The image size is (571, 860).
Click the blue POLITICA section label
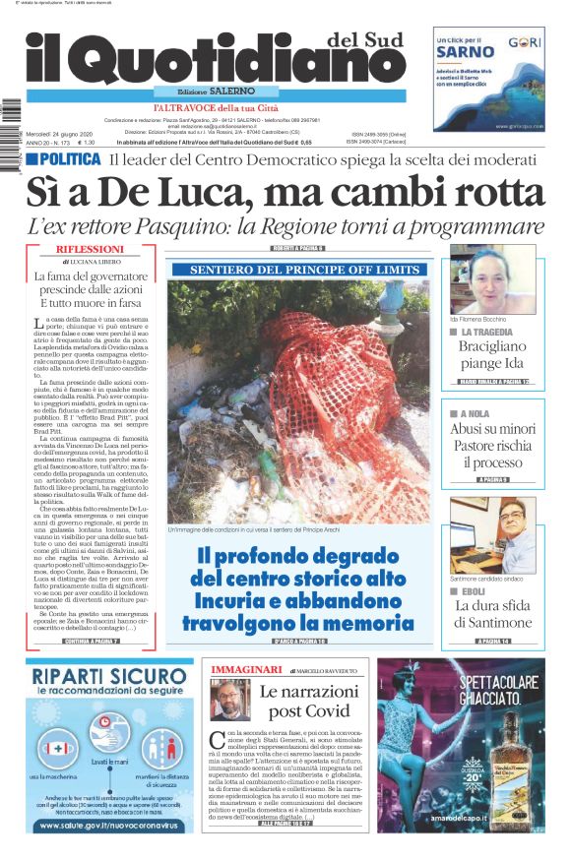tap(63, 159)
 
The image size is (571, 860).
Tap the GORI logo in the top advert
tap(520, 44)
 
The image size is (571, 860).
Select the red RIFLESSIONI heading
tap(91, 250)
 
